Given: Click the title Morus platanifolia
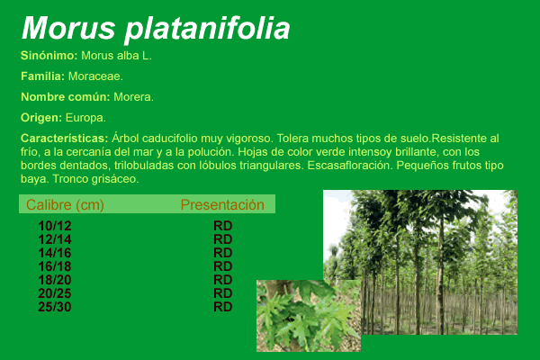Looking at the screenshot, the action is [156, 29].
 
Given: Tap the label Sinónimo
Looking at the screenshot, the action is [49, 56].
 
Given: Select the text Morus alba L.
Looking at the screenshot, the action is [116, 56].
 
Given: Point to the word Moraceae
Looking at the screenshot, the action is [95, 76].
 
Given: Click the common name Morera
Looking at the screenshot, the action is [133, 97].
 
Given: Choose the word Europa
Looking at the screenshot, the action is [85, 118].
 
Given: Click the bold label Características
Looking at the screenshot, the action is [65, 138].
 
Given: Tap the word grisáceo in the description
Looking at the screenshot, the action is [115, 179].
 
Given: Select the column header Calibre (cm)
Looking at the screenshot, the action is [65, 204].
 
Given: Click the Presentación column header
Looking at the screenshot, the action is [222, 204].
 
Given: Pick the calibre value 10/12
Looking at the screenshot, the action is [55, 226].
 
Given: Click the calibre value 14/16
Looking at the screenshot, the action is [55, 253].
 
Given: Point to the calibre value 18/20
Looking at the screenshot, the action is [55, 280].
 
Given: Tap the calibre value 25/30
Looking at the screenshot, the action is [55, 307].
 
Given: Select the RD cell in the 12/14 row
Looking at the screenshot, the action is [223, 239].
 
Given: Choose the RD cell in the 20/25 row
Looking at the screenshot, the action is [223, 293].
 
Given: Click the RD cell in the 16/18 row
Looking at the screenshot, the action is [223, 266].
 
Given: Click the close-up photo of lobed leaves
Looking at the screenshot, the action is [309, 316].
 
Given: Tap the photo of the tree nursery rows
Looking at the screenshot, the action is [420, 262].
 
